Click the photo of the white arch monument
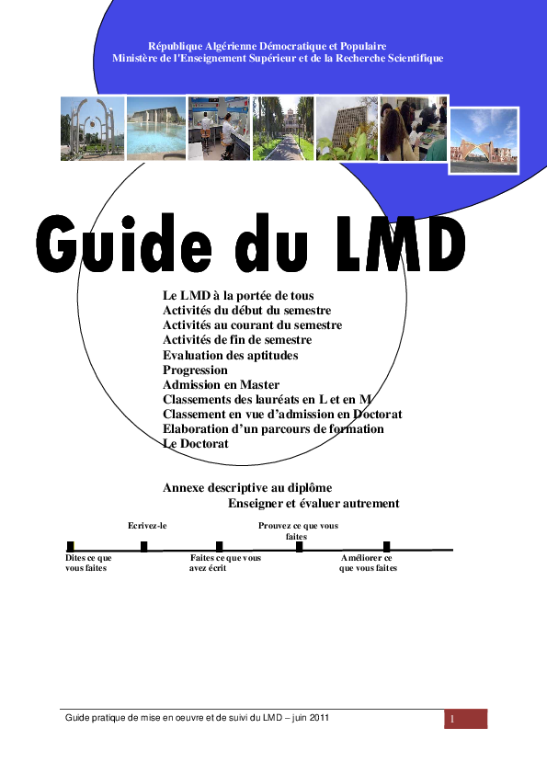[x=92, y=129]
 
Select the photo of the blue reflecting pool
[x=155, y=129]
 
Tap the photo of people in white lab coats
[x=219, y=129]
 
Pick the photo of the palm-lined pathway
[x=282, y=129]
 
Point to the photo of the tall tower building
[x=347, y=129]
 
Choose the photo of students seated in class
[x=413, y=129]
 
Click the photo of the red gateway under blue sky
[x=484, y=140]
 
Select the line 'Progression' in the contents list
[x=195, y=370]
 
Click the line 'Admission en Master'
[x=221, y=384]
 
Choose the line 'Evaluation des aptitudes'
[x=230, y=355]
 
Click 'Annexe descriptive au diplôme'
[x=247, y=487]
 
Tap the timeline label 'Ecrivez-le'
[x=147, y=526]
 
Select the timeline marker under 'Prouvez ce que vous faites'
[x=299, y=547]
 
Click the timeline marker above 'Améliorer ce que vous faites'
[x=386, y=547]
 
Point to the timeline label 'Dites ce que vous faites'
[x=88, y=563]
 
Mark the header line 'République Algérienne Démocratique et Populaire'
[x=267, y=46]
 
